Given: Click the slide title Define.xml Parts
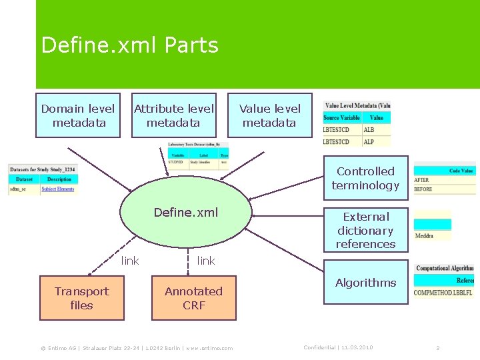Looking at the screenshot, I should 129,45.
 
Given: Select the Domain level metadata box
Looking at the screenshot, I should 78,115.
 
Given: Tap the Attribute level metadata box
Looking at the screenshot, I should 174,115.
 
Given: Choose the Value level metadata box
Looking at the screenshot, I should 269,115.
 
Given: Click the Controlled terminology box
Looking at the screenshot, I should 365,178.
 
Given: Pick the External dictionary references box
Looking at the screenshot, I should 365,230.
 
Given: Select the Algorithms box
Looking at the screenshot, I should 365,283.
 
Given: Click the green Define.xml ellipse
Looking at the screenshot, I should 186,213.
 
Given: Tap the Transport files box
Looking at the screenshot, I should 81,298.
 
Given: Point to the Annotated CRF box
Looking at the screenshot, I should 193,298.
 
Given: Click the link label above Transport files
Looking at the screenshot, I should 130,261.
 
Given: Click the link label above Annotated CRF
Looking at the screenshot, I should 206,261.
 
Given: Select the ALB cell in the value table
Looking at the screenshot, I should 369,131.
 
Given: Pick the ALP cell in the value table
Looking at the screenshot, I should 369,141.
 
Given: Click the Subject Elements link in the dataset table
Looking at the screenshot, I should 57,189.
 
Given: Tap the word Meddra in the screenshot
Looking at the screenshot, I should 424,236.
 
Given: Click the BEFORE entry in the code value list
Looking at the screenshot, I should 423,189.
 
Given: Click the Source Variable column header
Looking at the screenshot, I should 341,118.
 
